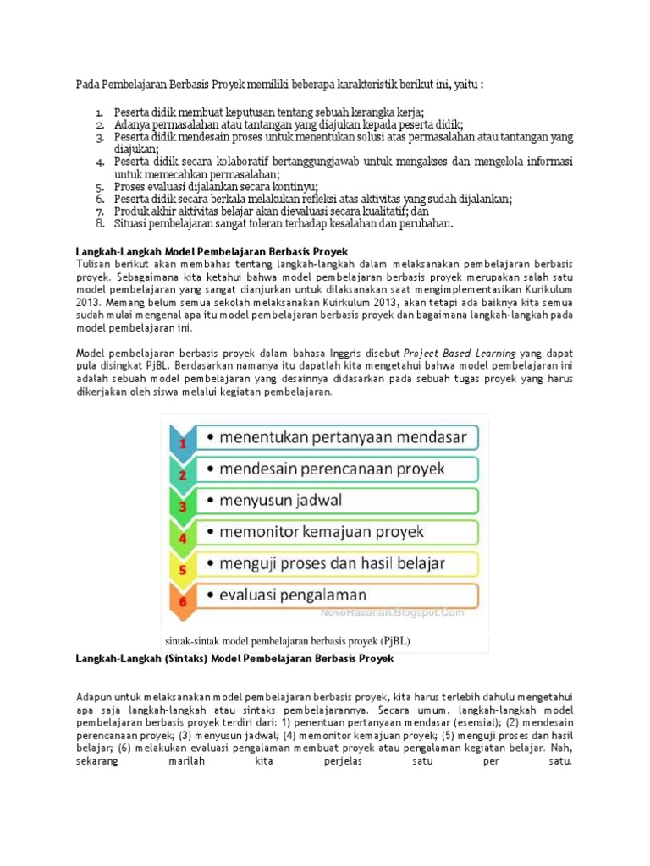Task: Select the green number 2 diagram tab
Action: coord(181,470)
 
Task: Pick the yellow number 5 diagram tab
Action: coord(181,567)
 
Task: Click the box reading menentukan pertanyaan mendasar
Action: coord(335,437)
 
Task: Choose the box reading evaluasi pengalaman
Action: coord(335,595)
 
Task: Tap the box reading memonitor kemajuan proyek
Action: coord(335,531)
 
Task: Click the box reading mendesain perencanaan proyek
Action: coord(335,468)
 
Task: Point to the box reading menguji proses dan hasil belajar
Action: coord(335,562)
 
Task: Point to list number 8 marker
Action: coord(99,224)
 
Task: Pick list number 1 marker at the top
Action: coord(99,112)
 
